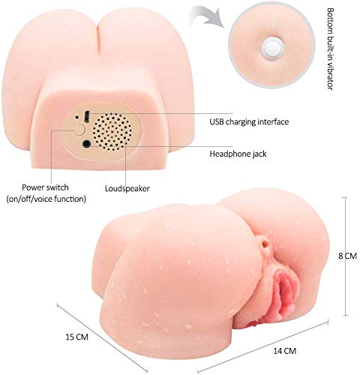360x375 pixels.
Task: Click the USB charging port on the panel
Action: [x=86, y=116]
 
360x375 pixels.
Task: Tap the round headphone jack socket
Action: [x=86, y=144]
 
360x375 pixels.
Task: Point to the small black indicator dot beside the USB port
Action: [x=77, y=116]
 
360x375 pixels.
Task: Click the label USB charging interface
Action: [x=249, y=122]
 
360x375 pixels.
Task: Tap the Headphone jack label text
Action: [x=238, y=154]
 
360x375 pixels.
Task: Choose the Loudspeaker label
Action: [x=127, y=188]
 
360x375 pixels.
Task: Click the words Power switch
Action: [x=45, y=187]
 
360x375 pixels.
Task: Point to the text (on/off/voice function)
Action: [x=46, y=199]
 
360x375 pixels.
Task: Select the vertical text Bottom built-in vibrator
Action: [x=330, y=49]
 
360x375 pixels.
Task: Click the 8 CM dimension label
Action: [x=347, y=256]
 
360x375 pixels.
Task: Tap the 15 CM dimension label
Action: [x=77, y=337]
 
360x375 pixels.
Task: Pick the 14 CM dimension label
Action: [x=285, y=351]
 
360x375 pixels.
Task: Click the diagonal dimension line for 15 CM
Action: [x=102, y=338]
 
